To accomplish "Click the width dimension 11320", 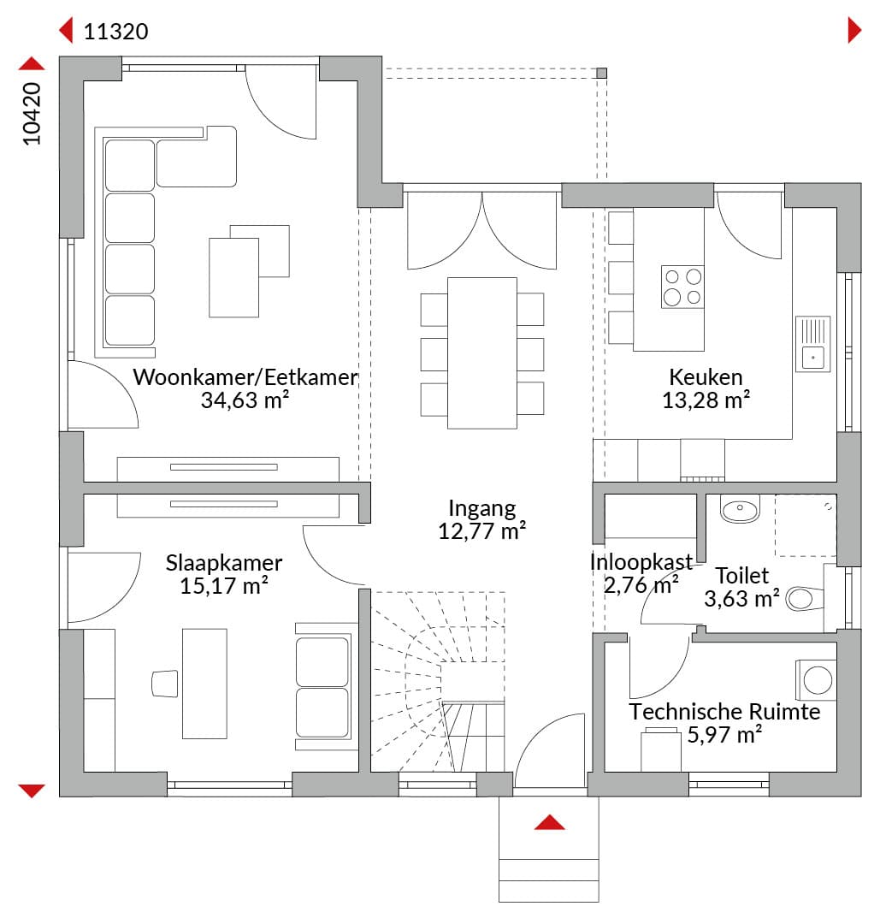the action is point(116,32).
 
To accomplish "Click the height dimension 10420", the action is point(32,114).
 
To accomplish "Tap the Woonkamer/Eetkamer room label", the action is point(245,377).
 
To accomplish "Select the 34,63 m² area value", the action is point(245,400).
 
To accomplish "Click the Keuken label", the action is point(706,377).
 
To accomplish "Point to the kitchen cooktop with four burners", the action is point(682,287).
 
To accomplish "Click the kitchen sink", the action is point(813,344).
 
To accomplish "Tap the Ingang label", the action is point(481,508).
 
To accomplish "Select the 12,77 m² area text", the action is point(481,531).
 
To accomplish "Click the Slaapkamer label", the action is point(224,563).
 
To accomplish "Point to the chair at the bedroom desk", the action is point(165,684).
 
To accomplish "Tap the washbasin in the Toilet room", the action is point(741,510).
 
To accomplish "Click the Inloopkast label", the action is point(641,561).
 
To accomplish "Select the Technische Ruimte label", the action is point(724,712).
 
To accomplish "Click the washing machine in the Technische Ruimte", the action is point(816,680).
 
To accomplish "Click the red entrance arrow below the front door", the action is point(550,822).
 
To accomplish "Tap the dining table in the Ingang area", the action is point(482,353).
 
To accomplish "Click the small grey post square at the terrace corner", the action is point(601,73).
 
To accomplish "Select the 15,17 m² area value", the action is point(224,586).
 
